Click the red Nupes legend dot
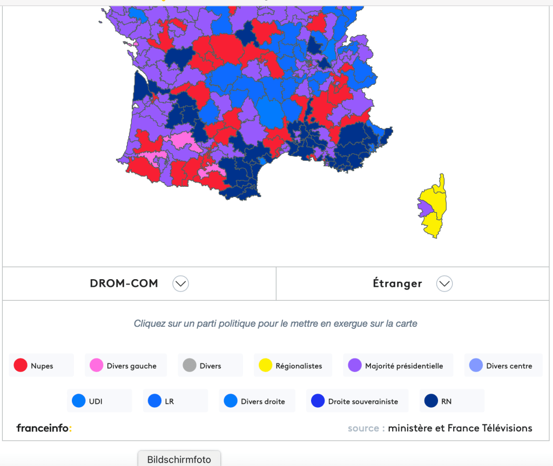coord(21,366)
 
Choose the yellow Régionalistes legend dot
coord(265,366)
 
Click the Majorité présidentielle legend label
coord(403,366)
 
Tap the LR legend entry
coord(169,401)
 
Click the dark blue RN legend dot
coord(431,401)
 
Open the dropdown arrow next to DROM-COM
coord(180,283)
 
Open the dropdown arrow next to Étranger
coord(444,283)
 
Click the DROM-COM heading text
coord(124,283)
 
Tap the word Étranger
coord(397,283)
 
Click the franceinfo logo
coord(44,428)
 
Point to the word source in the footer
coord(363,428)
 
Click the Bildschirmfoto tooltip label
coord(179,460)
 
